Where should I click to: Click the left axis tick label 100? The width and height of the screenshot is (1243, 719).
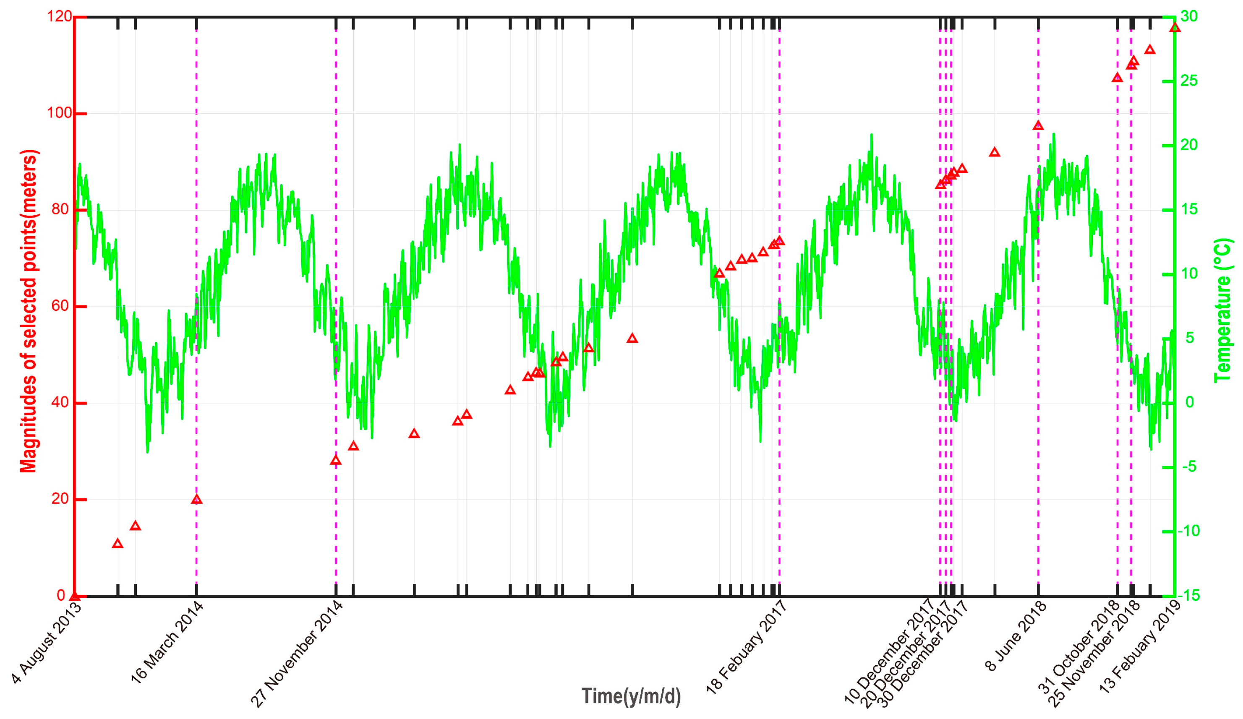(x=58, y=113)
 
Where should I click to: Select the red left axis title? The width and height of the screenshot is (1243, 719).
(x=29, y=311)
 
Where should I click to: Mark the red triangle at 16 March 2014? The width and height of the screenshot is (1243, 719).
(x=196, y=499)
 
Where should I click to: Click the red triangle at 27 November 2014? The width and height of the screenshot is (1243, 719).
(x=336, y=460)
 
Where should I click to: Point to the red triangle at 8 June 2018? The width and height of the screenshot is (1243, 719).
(x=1038, y=125)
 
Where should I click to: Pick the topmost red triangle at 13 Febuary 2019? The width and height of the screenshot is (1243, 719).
(x=1175, y=28)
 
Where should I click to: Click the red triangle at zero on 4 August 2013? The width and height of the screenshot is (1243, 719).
(x=75, y=595)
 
